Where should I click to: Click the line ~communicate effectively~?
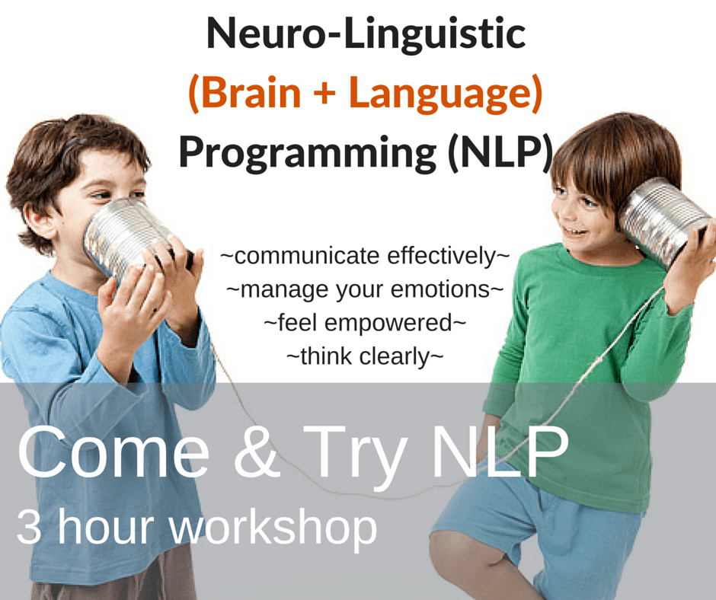point(364,256)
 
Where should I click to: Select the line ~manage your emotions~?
point(364,289)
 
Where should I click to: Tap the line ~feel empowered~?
point(364,322)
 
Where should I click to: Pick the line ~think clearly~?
point(364,355)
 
